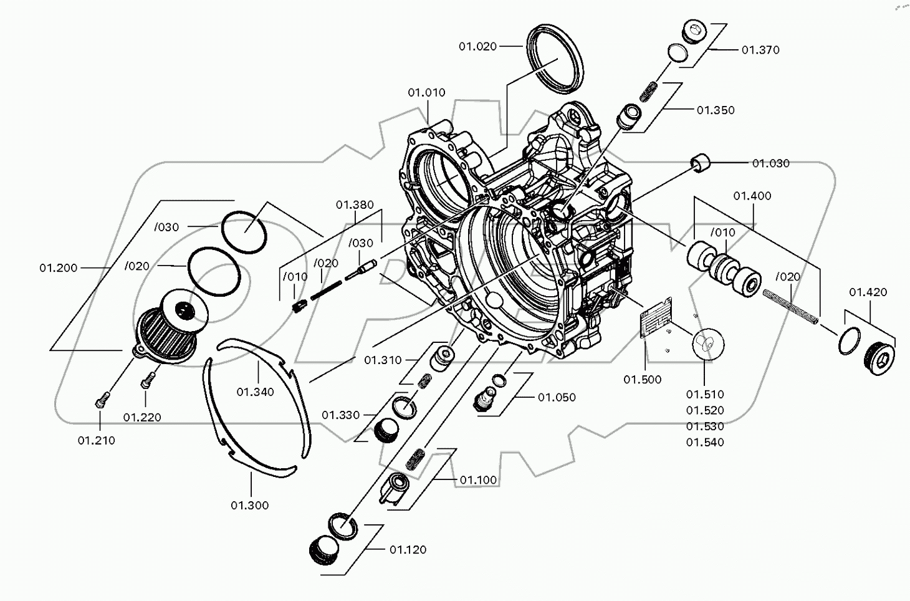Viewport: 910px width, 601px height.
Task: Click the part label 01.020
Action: click(x=477, y=47)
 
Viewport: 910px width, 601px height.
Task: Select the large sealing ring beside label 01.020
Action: click(x=556, y=58)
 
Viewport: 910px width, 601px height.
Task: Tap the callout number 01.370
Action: click(x=760, y=50)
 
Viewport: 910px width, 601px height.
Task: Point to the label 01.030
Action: click(x=770, y=163)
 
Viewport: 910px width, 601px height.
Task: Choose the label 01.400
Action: click(x=752, y=196)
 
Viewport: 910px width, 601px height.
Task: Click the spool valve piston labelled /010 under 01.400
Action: click(x=723, y=269)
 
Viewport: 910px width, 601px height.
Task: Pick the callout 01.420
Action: click(x=868, y=292)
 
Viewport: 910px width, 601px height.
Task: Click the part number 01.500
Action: click(x=642, y=380)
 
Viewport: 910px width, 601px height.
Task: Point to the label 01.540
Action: click(x=705, y=443)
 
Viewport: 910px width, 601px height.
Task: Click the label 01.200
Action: click(x=59, y=268)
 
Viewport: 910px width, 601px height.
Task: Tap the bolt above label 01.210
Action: click(x=101, y=400)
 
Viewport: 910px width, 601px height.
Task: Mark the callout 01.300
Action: click(x=249, y=506)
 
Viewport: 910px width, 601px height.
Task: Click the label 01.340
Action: click(x=255, y=392)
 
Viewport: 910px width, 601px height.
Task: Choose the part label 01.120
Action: click(x=408, y=550)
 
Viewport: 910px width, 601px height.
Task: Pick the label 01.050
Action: click(x=557, y=398)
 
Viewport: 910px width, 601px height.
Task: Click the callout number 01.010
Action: click(x=426, y=93)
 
